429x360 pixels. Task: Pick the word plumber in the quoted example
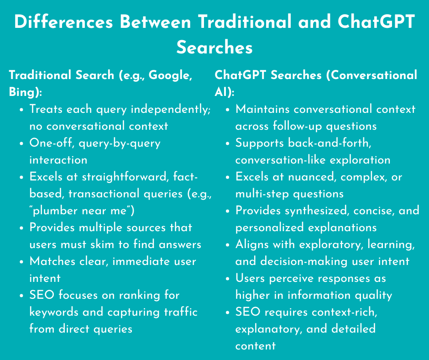pyautogui.click(x=57, y=211)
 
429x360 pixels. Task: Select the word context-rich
pyautogui.click(x=340, y=312)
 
